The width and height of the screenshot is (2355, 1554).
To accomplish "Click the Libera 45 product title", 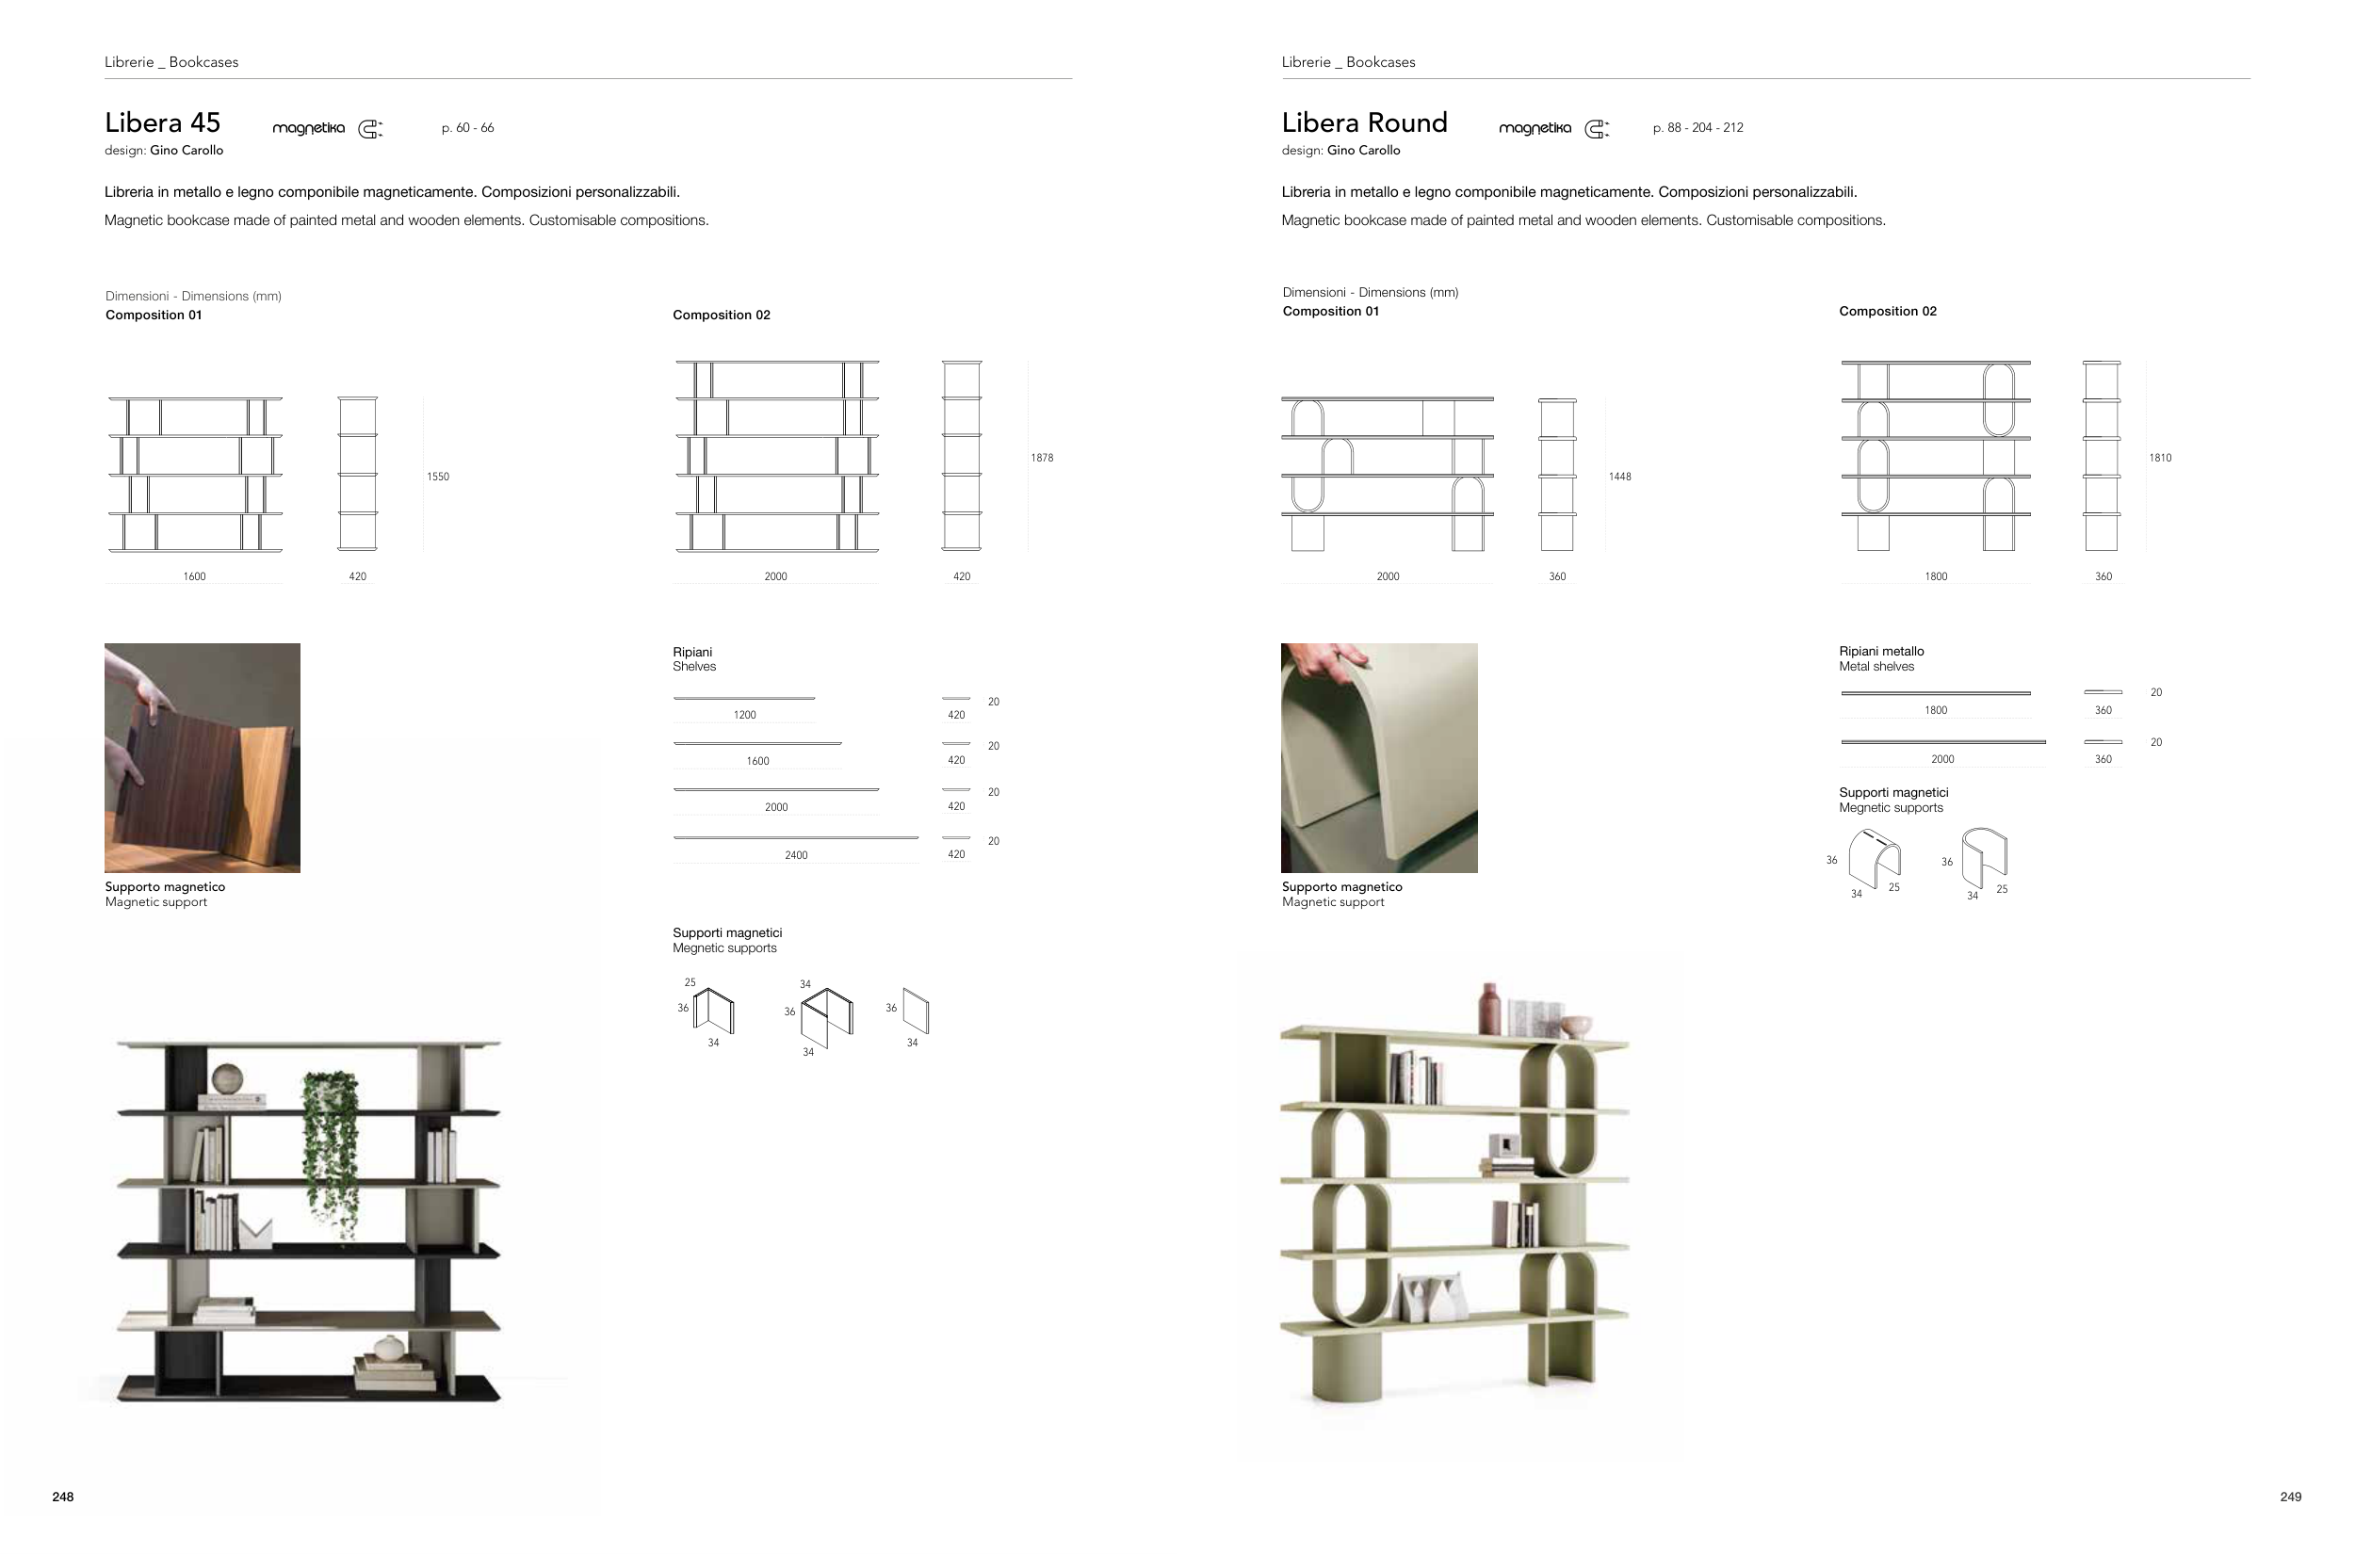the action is [163, 122].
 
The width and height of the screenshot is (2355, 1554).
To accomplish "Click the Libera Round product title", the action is [1364, 122].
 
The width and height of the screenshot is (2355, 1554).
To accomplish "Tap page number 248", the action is [62, 1497].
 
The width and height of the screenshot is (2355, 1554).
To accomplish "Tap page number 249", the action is [2291, 1497].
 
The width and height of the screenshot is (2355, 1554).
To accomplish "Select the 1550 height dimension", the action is [438, 477].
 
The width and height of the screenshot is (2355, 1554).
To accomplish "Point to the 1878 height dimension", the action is [1042, 458].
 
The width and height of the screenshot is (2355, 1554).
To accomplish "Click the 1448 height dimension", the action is [1619, 477].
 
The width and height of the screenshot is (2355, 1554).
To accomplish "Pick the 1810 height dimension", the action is [2160, 458].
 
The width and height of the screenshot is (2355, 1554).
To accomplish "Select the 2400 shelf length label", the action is [796, 855].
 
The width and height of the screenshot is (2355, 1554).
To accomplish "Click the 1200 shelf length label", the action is [744, 715].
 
